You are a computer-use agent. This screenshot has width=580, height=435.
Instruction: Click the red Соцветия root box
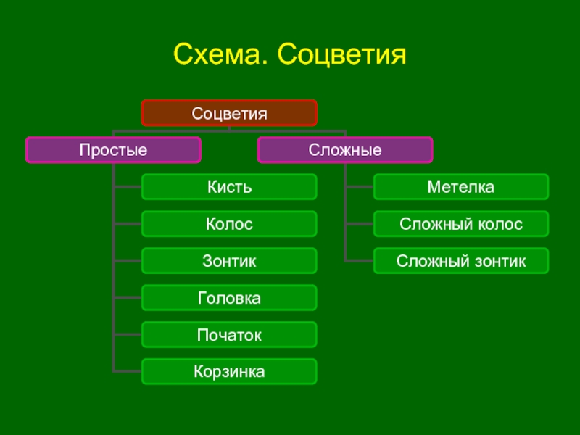point(229,114)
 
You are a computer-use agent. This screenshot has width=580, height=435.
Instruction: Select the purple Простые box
point(113,150)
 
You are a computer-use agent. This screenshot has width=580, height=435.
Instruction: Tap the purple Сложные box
point(345,150)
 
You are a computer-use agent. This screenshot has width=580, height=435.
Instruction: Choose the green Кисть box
point(229,187)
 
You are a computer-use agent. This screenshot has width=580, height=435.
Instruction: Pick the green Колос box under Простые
point(229,224)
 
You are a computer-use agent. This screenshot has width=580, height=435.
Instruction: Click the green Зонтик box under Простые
point(229,261)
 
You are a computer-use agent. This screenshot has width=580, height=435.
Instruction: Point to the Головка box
point(229,298)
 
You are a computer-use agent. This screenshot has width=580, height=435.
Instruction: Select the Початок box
point(229,335)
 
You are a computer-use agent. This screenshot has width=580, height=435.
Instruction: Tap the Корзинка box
point(229,372)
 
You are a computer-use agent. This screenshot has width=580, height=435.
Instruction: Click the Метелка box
point(461,187)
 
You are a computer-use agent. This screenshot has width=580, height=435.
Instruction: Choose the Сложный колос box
point(461,224)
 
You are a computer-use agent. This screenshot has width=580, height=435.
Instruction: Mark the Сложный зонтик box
point(461,261)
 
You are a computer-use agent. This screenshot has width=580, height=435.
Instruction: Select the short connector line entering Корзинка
point(128,371)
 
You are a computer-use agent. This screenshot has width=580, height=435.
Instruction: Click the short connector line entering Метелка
point(360,187)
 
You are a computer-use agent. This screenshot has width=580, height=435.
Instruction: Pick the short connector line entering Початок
point(128,335)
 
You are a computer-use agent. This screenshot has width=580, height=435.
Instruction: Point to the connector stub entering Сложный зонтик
point(360,261)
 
